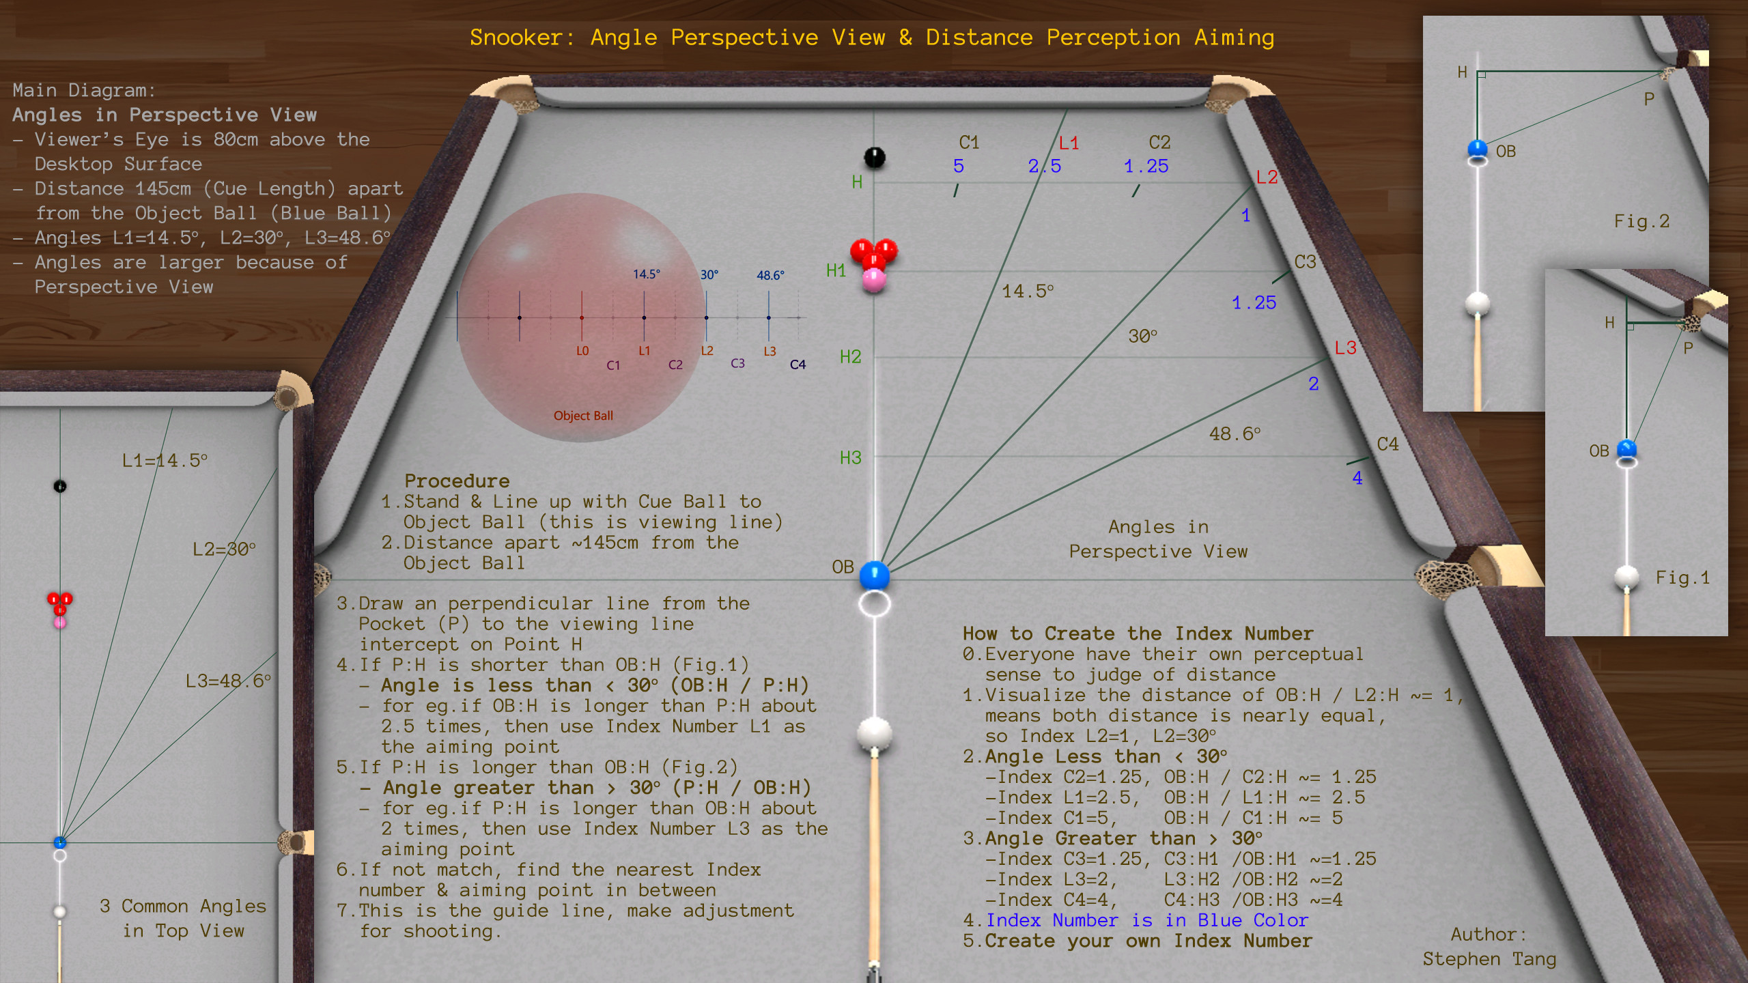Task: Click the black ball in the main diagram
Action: click(875, 158)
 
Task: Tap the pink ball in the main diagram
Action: click(874, 280)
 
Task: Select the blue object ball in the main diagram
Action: click(874, 575)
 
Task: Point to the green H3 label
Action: click(850, 457)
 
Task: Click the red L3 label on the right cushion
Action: click(1345, 347)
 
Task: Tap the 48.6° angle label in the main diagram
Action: click(1235, 433)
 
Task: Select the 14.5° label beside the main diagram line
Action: click(1028, 291)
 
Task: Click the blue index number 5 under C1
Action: click(959, 166)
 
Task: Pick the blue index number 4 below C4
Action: click(1357, 478)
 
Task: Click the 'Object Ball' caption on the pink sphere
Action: click(583, 416)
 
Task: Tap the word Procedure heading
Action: click(457, 481)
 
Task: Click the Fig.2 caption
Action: click(1641, 221)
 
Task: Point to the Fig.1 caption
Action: click(1682, 578)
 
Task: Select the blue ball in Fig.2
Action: click(1478, 149)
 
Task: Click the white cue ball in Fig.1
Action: click(1626, 577)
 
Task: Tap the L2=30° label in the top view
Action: click(224, 549)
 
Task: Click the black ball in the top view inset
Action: click(60, 486)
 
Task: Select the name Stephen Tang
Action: click(1489, 959)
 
